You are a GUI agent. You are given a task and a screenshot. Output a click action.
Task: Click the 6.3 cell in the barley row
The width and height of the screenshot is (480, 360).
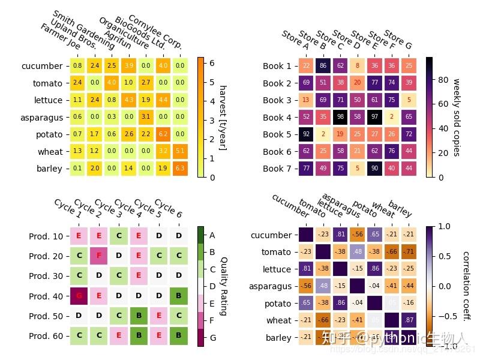pos(180,169)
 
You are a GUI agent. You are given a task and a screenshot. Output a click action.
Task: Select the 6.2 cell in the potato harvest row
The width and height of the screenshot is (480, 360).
pos(163,134)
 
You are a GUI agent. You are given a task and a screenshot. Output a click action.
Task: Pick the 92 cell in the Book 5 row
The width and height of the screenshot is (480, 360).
pos(306,134)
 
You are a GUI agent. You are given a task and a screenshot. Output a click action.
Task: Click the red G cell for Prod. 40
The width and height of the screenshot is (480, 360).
pos(79,296)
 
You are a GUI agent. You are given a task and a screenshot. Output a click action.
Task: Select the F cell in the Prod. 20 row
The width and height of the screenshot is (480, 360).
pos(98,256)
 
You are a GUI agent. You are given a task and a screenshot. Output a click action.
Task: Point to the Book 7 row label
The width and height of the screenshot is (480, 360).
pos(277,169)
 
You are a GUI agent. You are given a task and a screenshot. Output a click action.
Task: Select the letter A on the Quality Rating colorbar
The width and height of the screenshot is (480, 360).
pos(212,235)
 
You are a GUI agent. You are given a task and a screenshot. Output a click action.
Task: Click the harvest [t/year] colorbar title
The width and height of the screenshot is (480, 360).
pos(223,117)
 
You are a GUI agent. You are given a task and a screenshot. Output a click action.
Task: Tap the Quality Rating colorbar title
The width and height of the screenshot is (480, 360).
pos(223,286)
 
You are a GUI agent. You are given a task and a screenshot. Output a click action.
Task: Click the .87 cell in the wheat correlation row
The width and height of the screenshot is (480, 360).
pos(409,320)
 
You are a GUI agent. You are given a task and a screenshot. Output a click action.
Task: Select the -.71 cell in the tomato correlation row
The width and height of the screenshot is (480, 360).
pos(409,252)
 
